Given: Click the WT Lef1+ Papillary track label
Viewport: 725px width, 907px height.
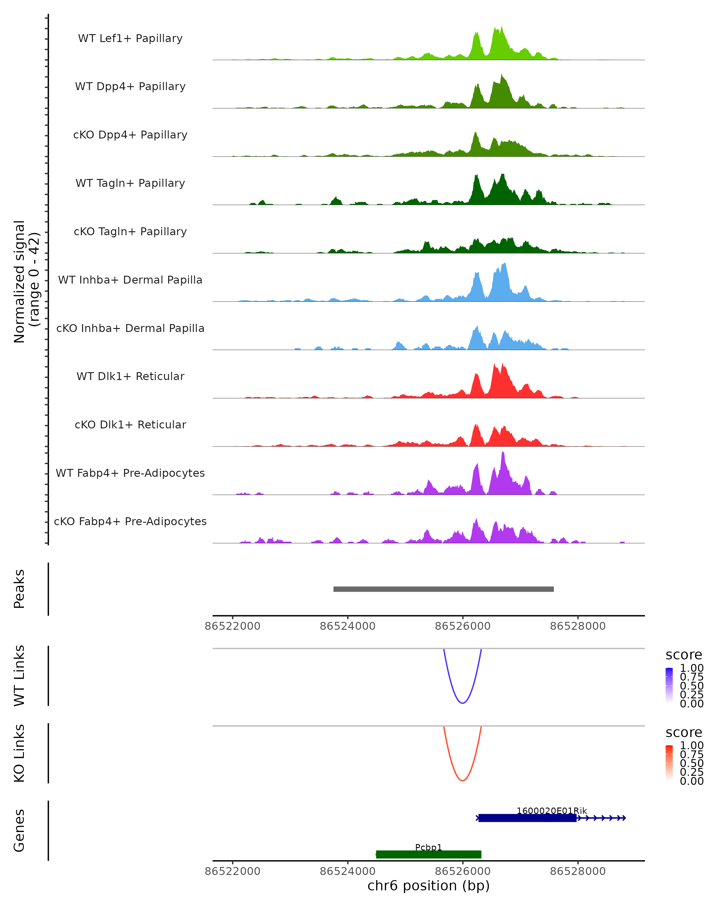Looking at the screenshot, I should pyautogui.click(x=130, y=38).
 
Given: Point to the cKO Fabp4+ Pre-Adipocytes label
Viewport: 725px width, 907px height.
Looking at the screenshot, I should pyautogui.click(x=130, y=521).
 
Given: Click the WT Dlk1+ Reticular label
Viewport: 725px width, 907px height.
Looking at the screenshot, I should pyautogui.click(x=130, y=376).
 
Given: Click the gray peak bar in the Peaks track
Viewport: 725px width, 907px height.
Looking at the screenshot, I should pyautogui.click(x=443, y=589).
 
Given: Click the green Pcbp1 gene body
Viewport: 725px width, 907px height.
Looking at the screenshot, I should pyautogui.click(x=429, y=854).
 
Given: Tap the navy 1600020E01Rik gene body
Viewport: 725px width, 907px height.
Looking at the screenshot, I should pyautogui.click(x=527, y=818).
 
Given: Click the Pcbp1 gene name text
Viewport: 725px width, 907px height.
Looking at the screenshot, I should pyautogui.click(x=429, y=847).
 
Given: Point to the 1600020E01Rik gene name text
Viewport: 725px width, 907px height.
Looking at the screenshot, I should pyautogui.click(x=551, y=811).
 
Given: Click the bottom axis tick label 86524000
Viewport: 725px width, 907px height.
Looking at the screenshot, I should pyautogui.click(x=348, y=871).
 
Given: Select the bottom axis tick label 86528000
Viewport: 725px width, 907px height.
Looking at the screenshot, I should pyautogui.click(x=578, y=871).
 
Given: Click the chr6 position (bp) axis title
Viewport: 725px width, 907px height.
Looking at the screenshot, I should pyautogui.click(x=429, y=886).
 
